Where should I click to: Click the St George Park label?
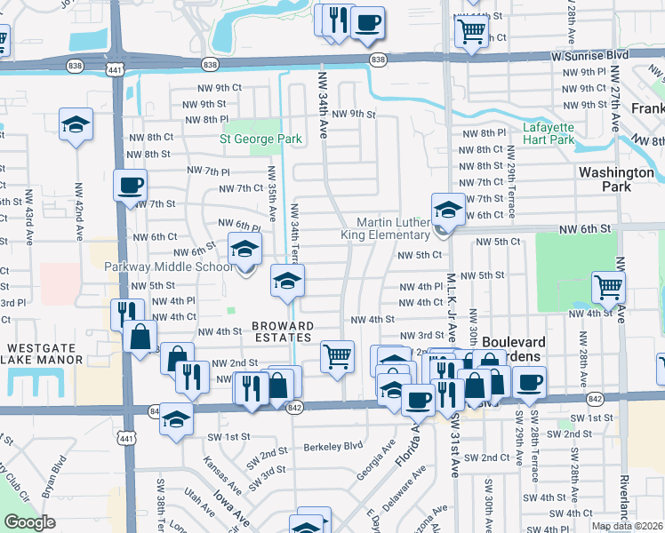[x=261, y=139]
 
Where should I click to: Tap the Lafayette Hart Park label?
[x=549, y=133]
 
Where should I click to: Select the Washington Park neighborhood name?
[x=616, y=179]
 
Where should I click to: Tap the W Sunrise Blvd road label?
[x=590, y=55]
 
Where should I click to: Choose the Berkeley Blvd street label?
[x=333, y=446]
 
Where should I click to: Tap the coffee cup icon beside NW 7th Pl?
[x=131, y=186]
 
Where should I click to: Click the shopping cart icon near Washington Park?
[x=609, y=287]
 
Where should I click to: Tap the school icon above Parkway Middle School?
[x=244, y=250]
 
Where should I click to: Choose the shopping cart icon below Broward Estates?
[x=337, y=357]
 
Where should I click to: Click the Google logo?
[x=29, y=522]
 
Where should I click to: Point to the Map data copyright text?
[x=627, y=526]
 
